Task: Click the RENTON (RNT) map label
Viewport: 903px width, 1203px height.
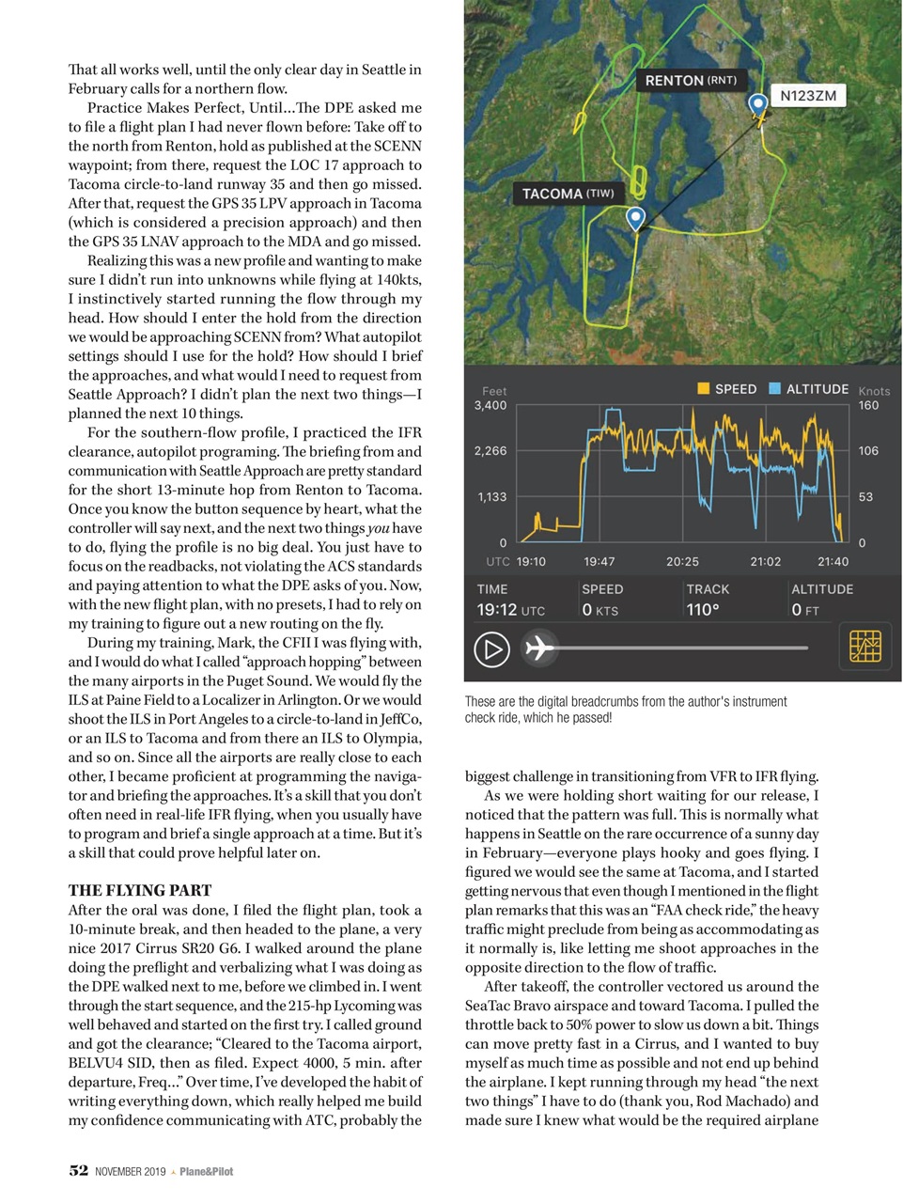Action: tap(691, 81)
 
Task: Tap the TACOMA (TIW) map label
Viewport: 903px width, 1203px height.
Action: tap(568, 194)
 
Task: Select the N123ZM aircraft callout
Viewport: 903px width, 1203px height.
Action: tap(808, 96)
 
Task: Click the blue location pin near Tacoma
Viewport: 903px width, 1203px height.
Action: tap(636, 218)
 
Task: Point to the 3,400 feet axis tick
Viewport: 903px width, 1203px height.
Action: tap(490, 405)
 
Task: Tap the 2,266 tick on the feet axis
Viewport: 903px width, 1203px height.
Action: tap(490, 451)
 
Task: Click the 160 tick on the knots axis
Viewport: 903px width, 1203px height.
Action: tap(868, 405)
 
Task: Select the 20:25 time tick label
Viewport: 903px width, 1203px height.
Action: tap(682, 561)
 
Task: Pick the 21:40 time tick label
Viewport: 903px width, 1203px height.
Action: tap(833, 561)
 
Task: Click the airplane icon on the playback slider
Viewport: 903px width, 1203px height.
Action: tap(538, 648)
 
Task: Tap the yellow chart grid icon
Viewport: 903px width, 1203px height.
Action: tap(864, 647)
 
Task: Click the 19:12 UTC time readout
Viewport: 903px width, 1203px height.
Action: tap(510, 610)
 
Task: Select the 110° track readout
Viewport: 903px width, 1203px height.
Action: tap(703, 610)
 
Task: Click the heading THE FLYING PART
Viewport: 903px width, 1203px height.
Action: tap(140, 890)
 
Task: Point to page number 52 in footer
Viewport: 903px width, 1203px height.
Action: tap(79, 1170)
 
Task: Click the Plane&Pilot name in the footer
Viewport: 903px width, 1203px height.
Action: tap(206, 1171)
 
